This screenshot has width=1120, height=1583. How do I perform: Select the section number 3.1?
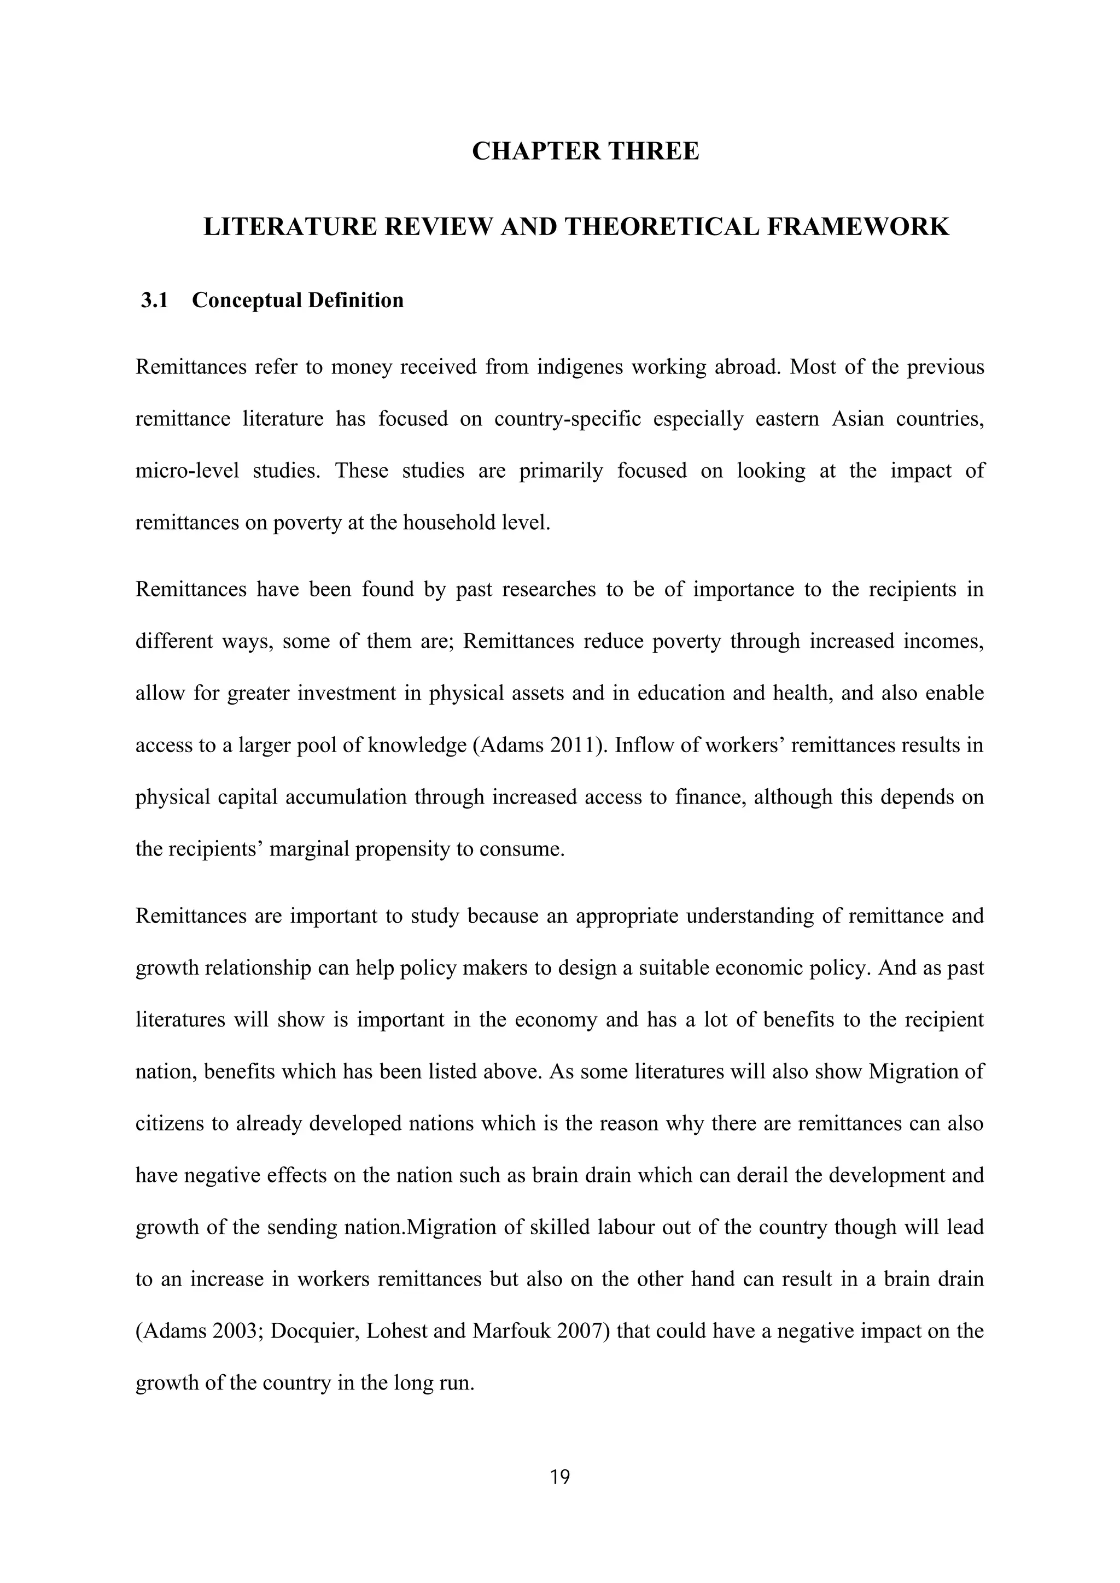point(154,301)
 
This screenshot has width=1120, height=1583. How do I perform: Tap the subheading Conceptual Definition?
point(297,301)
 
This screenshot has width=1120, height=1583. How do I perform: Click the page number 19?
point(560,1478)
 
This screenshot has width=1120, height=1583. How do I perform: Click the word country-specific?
point(568,419)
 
